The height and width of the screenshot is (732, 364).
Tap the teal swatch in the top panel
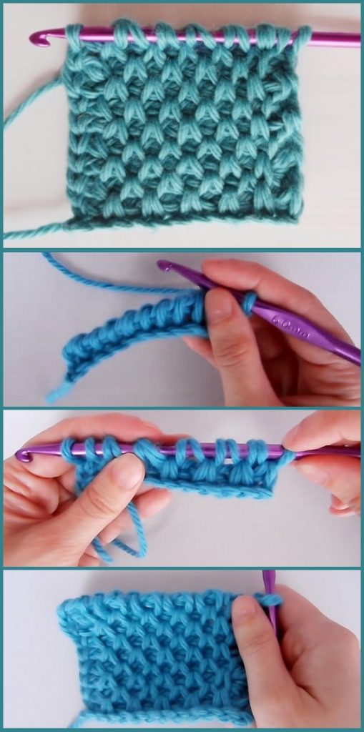tap(182, 125)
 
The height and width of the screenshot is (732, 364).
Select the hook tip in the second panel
tap(165, 267)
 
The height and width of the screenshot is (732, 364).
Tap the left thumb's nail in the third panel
tap(129, 473)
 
